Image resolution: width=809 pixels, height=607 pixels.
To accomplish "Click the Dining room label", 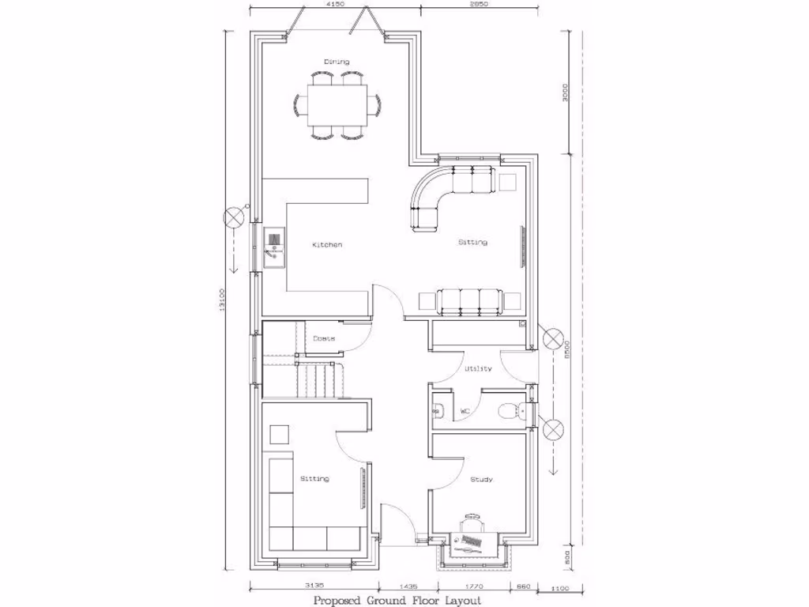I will click(x=337, y=62).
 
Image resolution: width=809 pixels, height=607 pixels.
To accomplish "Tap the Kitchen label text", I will click(x=327, y=245).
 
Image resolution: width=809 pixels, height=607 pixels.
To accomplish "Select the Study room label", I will click(x=481, y=480).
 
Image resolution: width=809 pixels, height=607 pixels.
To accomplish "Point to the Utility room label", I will click(x=478, y=368).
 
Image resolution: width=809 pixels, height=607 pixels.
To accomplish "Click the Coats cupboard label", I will click(x=323, y=338).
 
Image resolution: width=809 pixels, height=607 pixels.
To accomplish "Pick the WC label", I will click(x=465, y=411).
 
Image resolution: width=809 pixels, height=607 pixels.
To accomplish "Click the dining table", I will click(x=337, y=105).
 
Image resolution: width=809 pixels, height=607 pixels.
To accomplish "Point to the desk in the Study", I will click(x=472, y=541).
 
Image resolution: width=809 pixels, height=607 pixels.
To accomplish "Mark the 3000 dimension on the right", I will click(x=564, y=93).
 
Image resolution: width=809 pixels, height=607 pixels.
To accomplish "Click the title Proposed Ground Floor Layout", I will click(x=397, y=600).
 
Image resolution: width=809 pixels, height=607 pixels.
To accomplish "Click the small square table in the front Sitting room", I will click(x=280, y=435).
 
